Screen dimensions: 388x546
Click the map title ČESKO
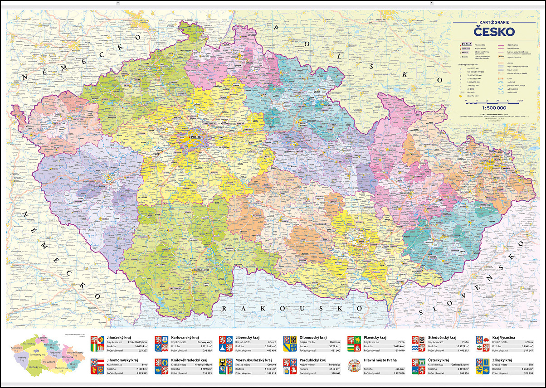494,32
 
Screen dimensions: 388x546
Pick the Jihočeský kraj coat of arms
97,344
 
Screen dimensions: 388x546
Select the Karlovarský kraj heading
185,338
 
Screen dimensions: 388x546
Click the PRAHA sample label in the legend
465,44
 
